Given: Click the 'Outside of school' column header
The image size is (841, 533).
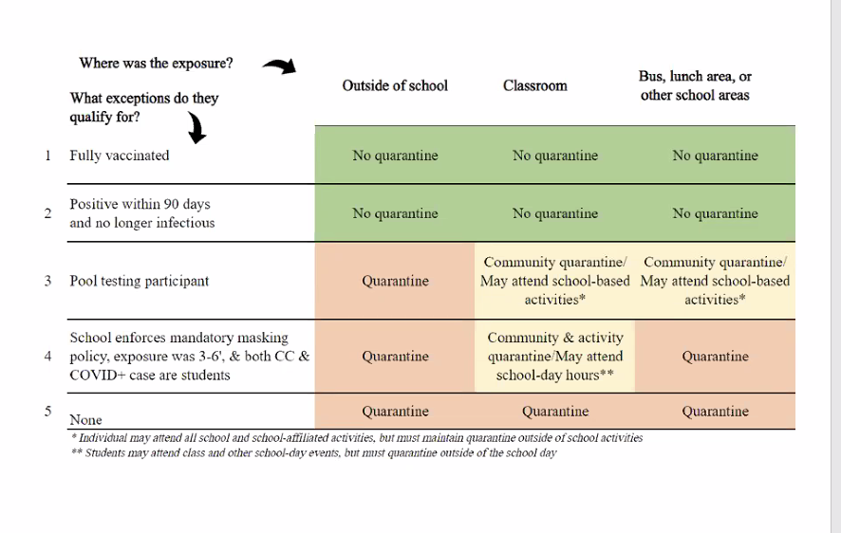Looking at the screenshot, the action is pos(395,85).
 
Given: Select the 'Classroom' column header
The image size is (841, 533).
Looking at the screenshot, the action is pos(534,85).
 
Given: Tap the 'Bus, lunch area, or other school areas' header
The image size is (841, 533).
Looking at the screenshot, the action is pos(695,85).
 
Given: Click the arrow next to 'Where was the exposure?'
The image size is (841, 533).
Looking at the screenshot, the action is pos(279,65).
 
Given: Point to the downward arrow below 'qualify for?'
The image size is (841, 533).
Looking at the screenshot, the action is pos(197,127).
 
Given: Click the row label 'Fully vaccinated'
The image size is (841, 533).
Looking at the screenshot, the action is pos(119,156).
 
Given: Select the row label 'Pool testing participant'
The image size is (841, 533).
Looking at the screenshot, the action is pos(139,281).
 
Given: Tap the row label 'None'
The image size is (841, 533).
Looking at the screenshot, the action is pos(85,419).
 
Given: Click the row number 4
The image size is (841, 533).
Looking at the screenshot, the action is pos(47,357).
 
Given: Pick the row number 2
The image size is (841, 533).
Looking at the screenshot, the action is pos(47,213).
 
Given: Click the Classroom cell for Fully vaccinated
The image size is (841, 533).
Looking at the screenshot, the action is pos(555,156).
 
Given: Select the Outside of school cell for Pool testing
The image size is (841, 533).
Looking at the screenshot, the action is pos(395,281).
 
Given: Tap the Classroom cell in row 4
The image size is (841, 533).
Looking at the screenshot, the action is pos(555,357).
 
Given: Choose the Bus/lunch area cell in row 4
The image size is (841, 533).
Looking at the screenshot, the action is pos(715,357).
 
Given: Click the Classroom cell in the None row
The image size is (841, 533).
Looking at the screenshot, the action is pos(555,412).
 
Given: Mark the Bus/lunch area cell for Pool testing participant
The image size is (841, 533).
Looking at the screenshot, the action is pos(715,281).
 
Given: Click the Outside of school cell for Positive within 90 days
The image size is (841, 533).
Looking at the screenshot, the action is pos(395,213).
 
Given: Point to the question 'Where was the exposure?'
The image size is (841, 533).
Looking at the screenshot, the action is pos(156,64).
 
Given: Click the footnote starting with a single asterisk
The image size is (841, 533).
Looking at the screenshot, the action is pos(357,437).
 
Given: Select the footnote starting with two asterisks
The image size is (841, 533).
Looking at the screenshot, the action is pos(314,452).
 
